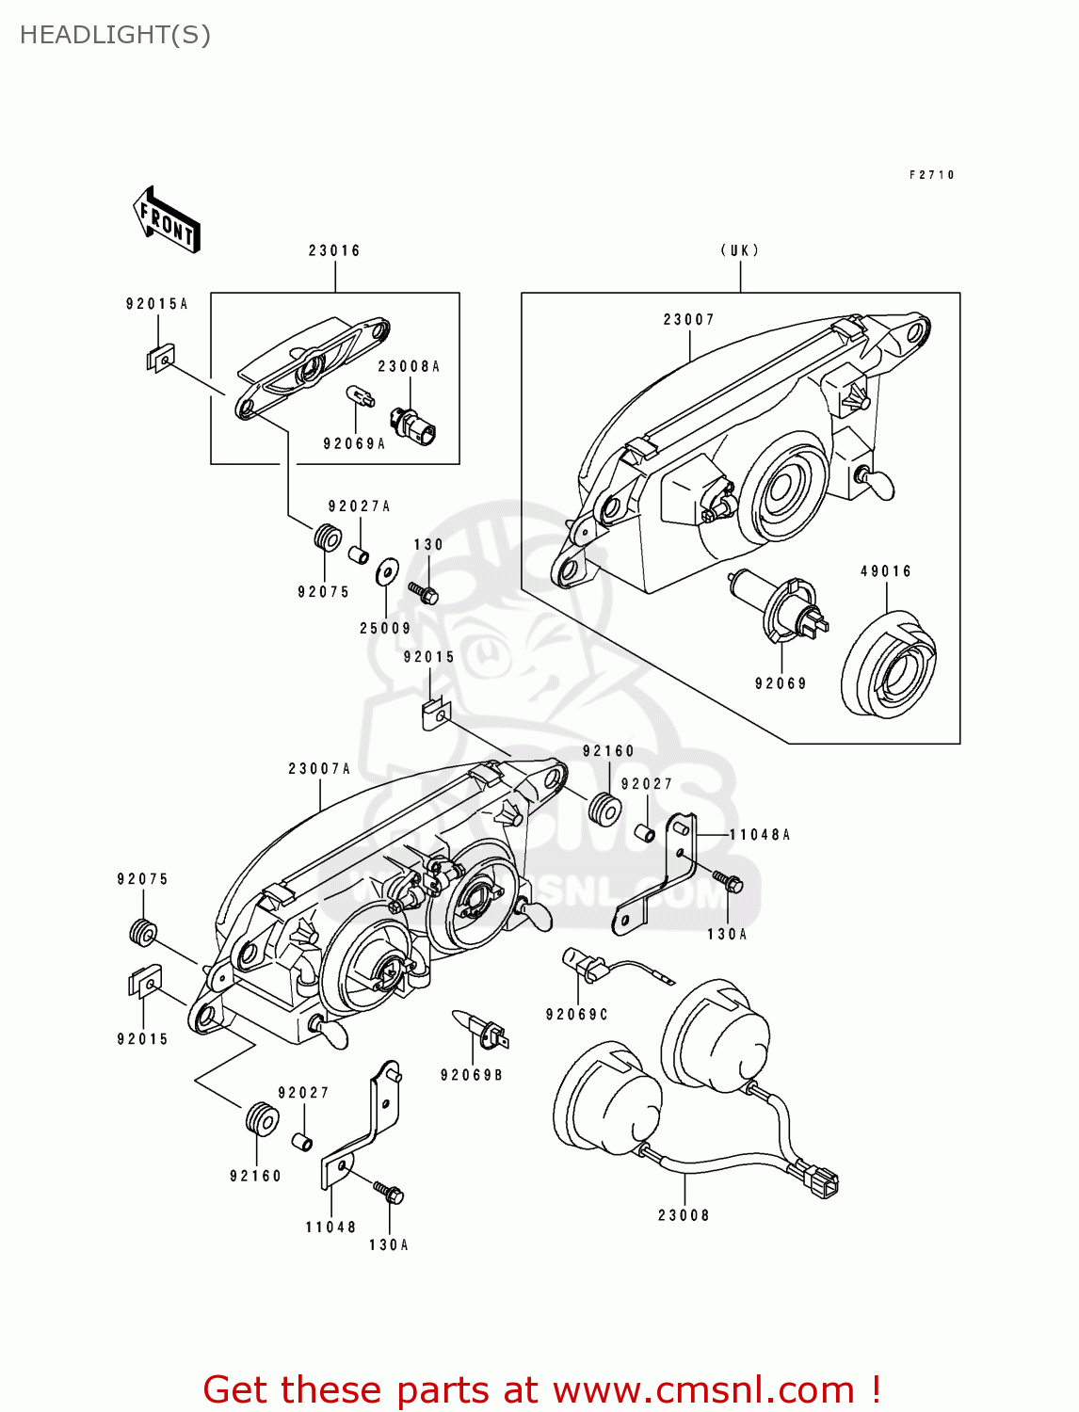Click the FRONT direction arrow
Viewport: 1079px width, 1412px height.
(x=168, y=220)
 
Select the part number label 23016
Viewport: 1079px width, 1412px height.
(x=334, y=250)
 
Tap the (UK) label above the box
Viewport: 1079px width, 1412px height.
(x=740, y=250)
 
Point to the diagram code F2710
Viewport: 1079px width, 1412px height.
(x=932, y=175)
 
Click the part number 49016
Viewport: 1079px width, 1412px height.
(x=886, y=571)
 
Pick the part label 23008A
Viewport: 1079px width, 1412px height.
(x=410, y=366)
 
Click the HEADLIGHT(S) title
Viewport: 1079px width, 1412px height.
(x=115, y=35)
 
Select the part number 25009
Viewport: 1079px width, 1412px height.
(x=385, y=628)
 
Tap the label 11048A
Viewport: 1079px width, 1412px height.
(x=760, y=834)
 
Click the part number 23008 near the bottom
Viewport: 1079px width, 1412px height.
(x=684, y=1215)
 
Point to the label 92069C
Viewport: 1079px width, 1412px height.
(x=577, y=1014)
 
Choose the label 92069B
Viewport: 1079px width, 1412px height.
(x=472, y=1075)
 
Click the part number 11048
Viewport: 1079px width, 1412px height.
(x=330, y=1227)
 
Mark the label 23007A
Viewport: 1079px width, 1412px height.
(x=319, y=769)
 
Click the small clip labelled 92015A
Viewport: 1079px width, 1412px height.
(x=161, y=358)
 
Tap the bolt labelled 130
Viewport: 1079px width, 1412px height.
(x=425, y=593)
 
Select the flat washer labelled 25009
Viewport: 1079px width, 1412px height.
(x=387, y=570)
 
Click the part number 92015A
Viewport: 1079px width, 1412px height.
(x=157, y=304)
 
